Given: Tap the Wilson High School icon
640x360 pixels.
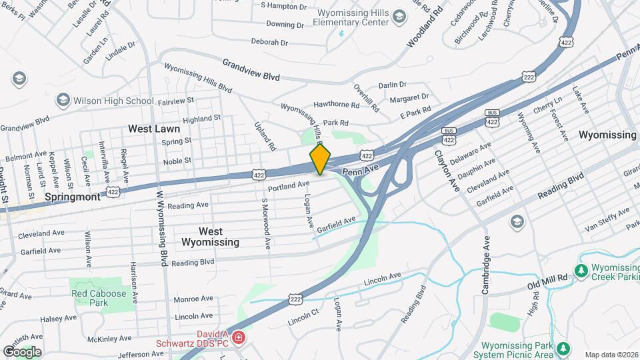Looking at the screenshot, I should tap(63, 100).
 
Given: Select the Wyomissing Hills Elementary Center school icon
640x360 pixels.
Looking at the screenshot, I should tap(399, 16).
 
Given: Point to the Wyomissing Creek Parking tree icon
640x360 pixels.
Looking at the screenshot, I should tap(581, 271).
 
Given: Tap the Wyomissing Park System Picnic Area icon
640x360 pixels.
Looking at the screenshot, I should tap(564, 349).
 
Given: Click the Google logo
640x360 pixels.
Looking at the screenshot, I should tap(22, 351).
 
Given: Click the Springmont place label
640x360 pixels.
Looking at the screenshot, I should tap(73, 197).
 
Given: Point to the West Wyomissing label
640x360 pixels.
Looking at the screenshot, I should tap(210, 237).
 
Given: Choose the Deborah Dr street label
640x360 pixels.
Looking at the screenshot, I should tap(269, 41).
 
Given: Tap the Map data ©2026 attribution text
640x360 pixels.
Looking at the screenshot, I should tap(610, 355).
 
